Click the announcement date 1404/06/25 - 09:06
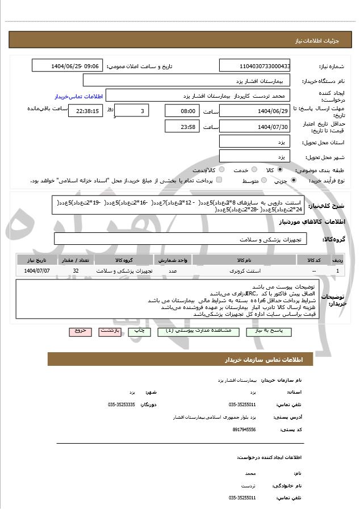[68, 66]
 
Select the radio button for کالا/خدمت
[221, 169]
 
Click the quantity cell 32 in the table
[76, 271]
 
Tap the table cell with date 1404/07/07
[37, 271]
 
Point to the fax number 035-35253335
[121, 404]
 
